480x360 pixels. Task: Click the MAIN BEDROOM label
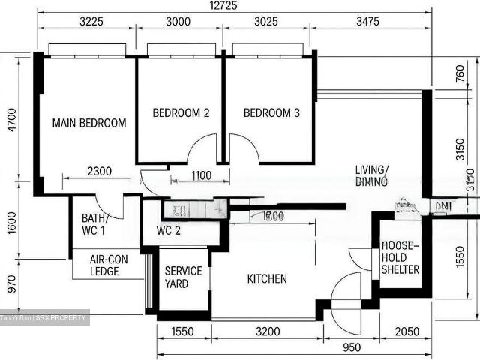point(88,123)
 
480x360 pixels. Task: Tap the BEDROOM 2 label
point(181,113)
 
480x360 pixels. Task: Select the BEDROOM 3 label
point(271,113)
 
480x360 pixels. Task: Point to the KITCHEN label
point(267,279)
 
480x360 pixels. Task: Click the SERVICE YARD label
point(183,277)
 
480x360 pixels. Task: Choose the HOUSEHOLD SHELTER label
point(400,257)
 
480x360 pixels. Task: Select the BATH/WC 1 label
point(95,224)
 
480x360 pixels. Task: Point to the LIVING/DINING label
point(371,175)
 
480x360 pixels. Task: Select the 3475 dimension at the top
point(370,22)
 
